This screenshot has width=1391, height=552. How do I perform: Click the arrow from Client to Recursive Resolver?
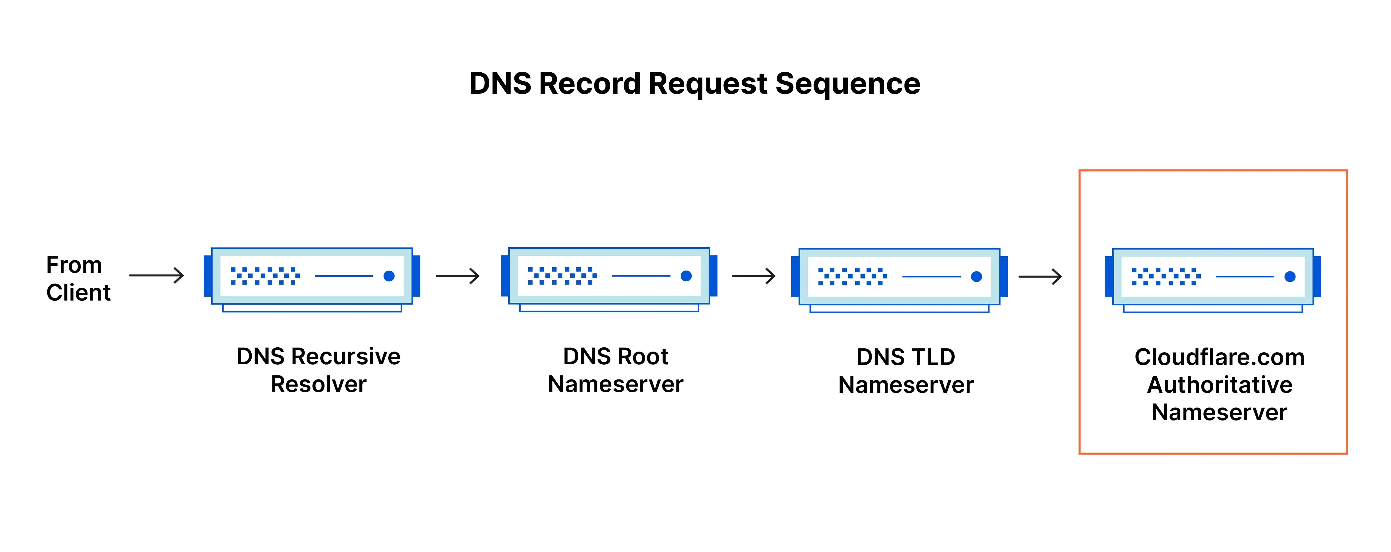click(x=157, y=276)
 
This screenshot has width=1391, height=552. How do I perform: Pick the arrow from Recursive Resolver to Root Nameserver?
click(x=458, y=276)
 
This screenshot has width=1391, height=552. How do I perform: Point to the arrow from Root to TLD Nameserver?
click(x=754, y=276)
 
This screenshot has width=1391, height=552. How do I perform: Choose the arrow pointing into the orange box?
click(x=1040, y=277)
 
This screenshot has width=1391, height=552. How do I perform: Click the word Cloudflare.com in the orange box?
click(x=1219, y=357)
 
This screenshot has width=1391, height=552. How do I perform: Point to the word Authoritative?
click(x=1219, y=385)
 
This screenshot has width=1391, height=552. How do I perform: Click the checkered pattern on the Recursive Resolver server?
click(x=265, y=276)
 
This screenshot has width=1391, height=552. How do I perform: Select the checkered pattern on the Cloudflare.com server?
click(x=1166, y=276)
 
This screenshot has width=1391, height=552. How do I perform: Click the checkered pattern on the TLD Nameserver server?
click(x=852, y=276)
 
